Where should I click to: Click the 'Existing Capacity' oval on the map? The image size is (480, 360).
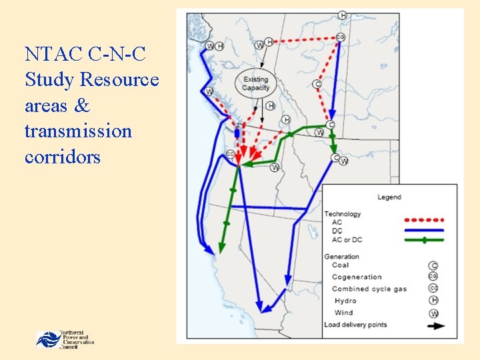point(256,84)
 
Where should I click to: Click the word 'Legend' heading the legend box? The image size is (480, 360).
point(389,197)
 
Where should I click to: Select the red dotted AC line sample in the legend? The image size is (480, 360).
point(425,221)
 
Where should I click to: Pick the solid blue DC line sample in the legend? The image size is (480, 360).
point(425,231)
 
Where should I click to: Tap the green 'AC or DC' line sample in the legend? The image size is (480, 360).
point(425,239)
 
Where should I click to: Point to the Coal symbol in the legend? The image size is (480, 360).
point(434,265)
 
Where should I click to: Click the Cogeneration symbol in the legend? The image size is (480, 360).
point(434,277)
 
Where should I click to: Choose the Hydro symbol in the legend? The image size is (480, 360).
point(434,301)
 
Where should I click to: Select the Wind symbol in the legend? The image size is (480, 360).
point(434,313)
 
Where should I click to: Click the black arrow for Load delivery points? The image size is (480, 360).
point(434,326)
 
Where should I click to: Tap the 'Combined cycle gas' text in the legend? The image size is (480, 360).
point(369,289)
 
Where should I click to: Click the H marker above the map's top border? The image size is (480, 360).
point(342,15)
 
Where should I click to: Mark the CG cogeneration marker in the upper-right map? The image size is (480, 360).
point(340,37)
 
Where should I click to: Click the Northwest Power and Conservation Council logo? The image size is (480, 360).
point(65,339)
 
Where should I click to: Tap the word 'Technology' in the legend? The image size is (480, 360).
point(343,214)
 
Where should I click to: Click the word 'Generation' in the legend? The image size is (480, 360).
point(341,257)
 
